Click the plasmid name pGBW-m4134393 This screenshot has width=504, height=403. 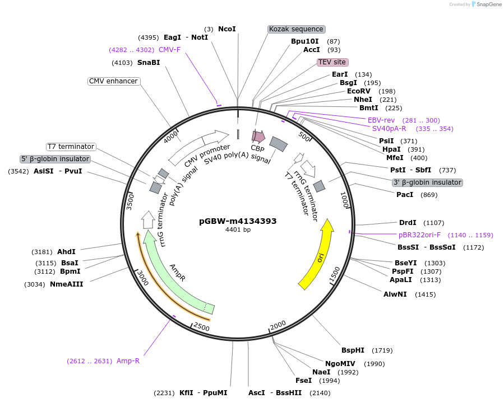(238, 221)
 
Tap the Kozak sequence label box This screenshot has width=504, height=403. (296, 29)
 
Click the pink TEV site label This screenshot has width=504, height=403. (332, 62)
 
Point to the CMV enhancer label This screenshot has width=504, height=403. (113, 81)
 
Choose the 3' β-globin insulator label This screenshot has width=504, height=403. (427, 182)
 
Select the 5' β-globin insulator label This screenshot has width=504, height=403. (55, 159)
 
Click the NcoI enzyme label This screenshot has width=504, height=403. (227, 29)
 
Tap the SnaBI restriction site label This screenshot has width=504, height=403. (149, 63)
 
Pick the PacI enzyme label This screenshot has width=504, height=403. (405, 195)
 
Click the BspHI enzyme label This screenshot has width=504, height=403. (353, 350)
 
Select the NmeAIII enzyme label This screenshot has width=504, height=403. (67, 284)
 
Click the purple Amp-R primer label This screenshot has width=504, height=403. (128, 361)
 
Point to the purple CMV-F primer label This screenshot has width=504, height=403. (170, 50)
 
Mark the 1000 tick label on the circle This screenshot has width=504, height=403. (345, 200)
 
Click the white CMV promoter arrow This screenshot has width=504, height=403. (199, 146)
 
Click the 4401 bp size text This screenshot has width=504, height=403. (238, 229)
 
